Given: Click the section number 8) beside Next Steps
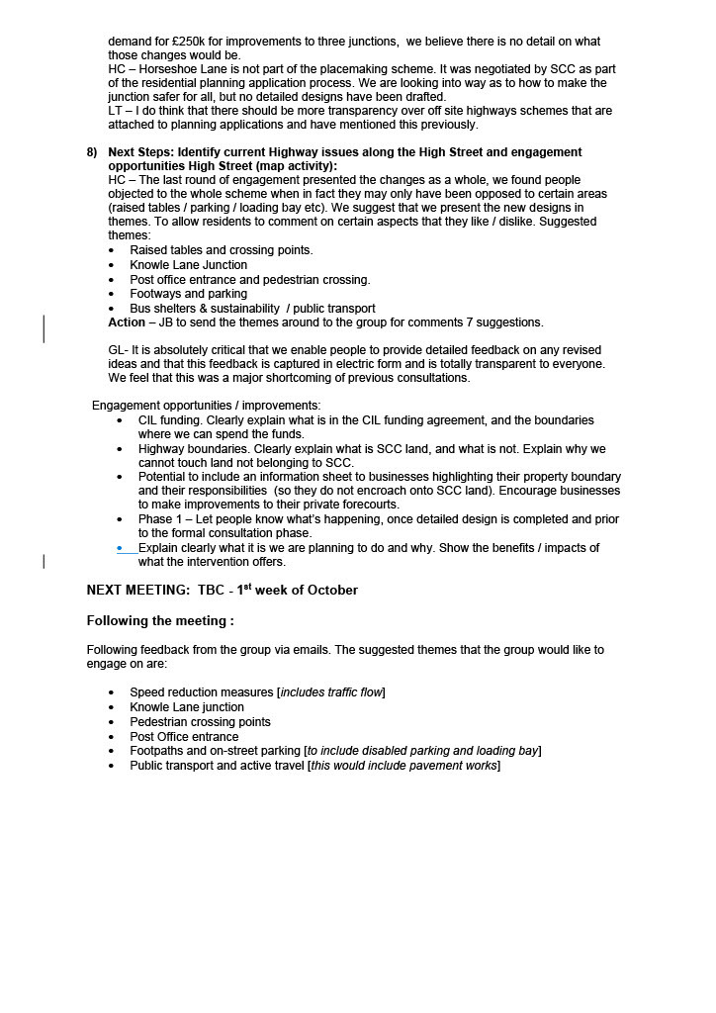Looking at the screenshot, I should click(92, 152).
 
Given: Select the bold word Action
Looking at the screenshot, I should click(127, 322).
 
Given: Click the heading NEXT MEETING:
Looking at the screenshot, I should click(137, 591).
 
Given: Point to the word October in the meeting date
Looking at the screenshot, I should click(332, 591).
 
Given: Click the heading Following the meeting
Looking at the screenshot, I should click(160, 621).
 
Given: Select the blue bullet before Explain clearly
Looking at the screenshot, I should click(120, 548).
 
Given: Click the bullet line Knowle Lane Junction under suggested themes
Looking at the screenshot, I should click(189, 265).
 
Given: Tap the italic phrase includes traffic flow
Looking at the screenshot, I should click(331, 692).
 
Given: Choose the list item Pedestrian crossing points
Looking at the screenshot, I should click(200, 722).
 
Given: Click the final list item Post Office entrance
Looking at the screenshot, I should click(184, 737).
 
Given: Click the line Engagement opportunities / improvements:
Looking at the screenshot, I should click(206, 406).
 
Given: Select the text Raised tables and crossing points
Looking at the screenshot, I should click(221, 250).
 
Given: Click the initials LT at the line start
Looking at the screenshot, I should click(115, 111).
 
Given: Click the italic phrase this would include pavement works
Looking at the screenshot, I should click(403, 766).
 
